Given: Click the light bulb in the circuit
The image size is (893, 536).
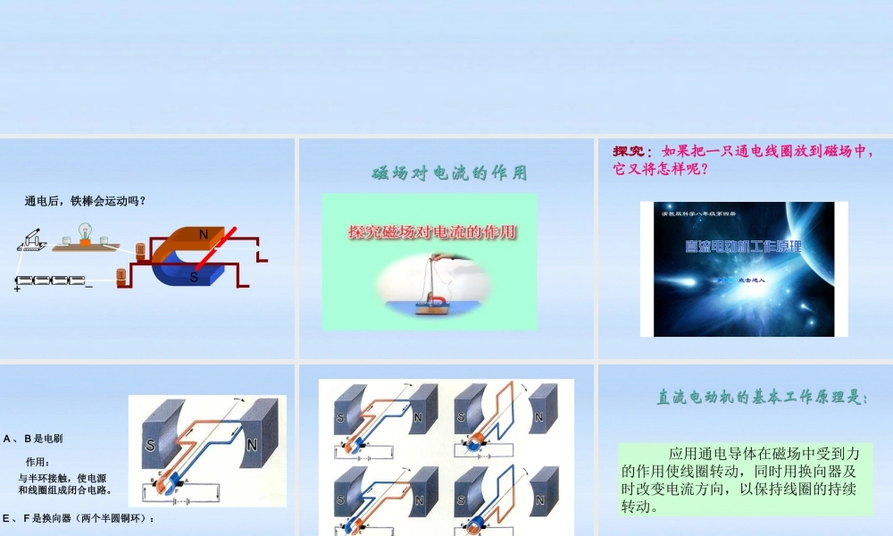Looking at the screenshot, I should click(x=86, y=232).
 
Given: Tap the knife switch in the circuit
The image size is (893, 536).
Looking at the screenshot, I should click(x=33, y=239).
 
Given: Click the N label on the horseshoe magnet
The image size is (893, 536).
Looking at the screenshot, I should click(x=204, y=235).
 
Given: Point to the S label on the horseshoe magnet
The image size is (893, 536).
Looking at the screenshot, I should click(x=193, y=277).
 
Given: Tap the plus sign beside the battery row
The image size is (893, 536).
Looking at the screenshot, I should click(x=17, y=289).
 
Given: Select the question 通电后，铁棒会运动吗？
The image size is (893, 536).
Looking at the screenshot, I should click(x=85, y=201).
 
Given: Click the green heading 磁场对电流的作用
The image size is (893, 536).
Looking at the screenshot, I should click(x=449, y=173).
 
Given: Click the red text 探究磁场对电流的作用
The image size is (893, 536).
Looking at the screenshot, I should click(x=431, y=232).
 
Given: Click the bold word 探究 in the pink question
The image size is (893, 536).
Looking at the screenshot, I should click(x=628, y=151).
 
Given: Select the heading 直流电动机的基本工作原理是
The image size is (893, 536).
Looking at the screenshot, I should click(x=762, y=398).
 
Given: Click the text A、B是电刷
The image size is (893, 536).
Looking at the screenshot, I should click(x=33, y=439).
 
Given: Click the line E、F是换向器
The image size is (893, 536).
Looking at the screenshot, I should click(x=79, y=518).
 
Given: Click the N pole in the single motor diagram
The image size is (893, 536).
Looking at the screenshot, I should click(x=253, y=443).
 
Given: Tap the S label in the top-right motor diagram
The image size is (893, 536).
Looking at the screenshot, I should click(x=461, y=416).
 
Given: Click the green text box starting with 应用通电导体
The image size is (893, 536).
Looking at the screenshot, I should click(x=745, y=480).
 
